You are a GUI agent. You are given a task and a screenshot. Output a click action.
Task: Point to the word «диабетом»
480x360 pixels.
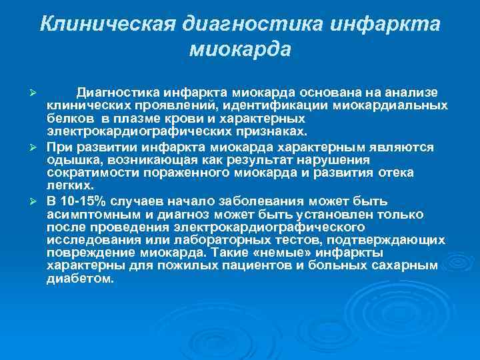click(x=76, y=279)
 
